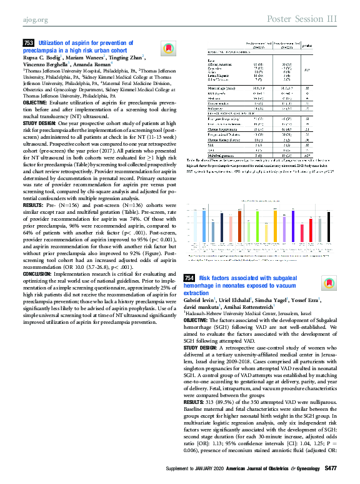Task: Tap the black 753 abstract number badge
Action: coord(28,41)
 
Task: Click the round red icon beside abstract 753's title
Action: coord(166,48)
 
